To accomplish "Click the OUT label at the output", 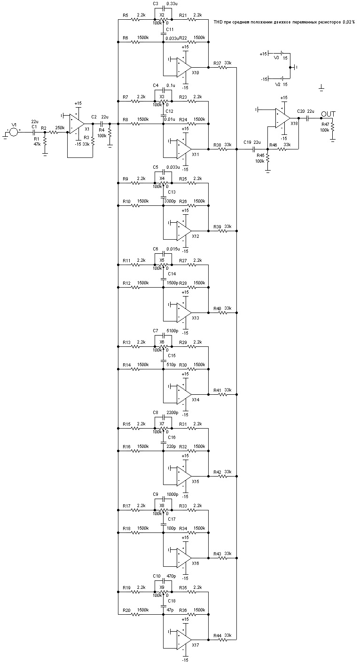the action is click(328, 114).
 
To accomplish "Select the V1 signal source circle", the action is click(13, 132).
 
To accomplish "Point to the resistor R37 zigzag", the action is click(223, 67).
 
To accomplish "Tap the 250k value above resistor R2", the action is click(60, 128).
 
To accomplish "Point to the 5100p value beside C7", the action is click(172, 331).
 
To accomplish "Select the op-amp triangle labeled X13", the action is click(184, 312).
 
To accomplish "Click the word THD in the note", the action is click(218, 22).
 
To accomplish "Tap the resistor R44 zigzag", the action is click(223, 639).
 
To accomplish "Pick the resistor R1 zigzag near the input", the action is click(45, 142).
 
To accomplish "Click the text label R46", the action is click(273, 145).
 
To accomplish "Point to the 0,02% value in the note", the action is click(349, 22).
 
